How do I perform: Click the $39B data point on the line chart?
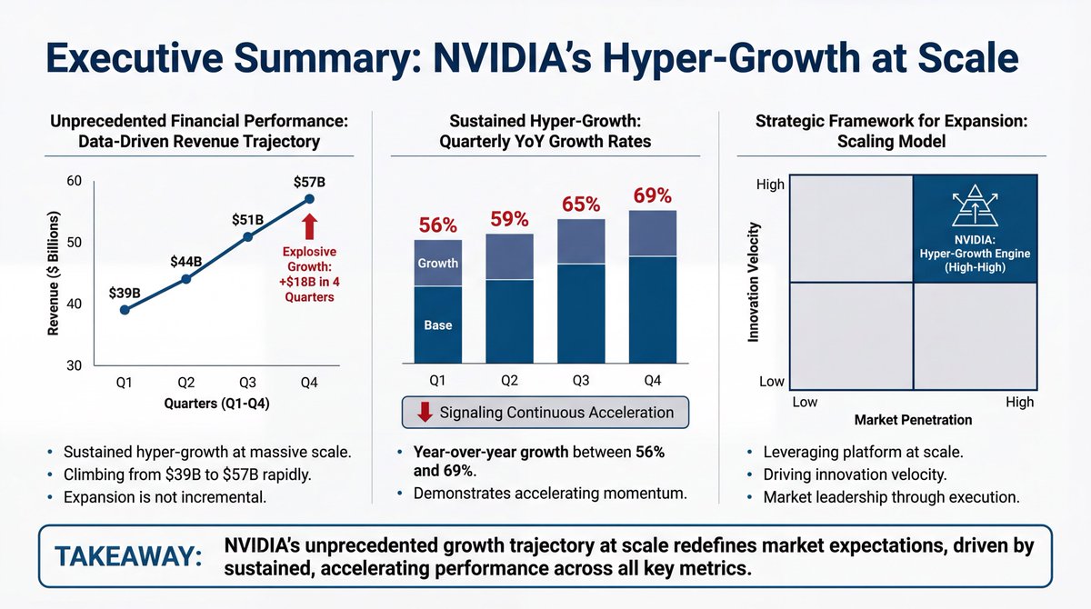(x=125, y=310)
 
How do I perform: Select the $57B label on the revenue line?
(x=308, y=182)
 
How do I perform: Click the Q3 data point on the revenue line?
(x=247, y=237)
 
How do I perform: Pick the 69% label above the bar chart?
(x=652, y=195)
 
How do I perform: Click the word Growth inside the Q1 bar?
(x=438, y=264)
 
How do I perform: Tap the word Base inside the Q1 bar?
(x=438, y=324)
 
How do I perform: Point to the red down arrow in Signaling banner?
(x=423, y=413)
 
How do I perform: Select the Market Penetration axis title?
(x=913, y=421)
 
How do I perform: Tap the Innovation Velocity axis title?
(x=753, y=284)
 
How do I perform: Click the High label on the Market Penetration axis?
(x=1019, y=402)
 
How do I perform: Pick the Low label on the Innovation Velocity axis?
(x=771, y=382)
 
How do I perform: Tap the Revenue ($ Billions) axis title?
(x=54, y=275)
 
